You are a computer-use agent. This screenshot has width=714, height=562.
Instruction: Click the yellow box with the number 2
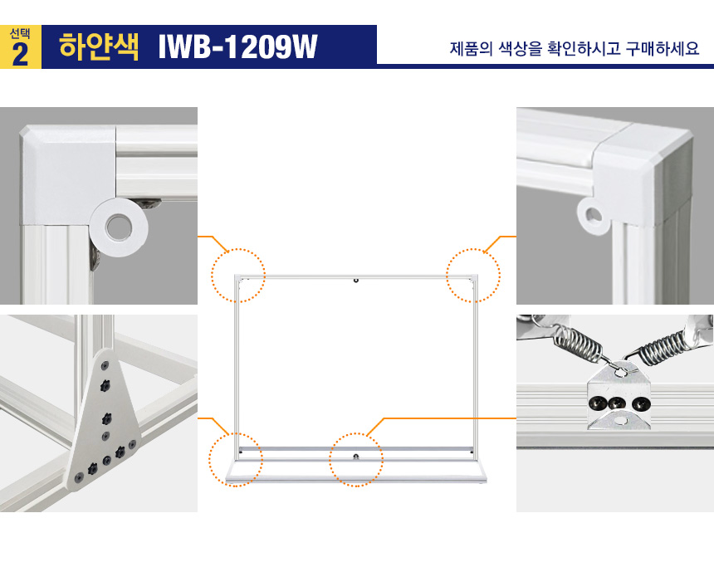point(21,47)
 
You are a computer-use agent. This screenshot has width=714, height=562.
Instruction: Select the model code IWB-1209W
point(238,47)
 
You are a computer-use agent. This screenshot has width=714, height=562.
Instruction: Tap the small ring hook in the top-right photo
point(593,215)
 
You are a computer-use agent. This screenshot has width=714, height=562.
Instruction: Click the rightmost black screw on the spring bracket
point(640,404)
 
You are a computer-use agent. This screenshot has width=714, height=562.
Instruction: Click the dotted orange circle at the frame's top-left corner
point(238,275)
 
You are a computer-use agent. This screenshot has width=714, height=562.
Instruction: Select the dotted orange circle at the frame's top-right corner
point(473,274)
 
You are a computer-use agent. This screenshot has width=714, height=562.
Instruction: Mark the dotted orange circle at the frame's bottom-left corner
point(236,460)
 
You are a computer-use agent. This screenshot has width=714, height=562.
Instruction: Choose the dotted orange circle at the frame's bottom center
point(356,458)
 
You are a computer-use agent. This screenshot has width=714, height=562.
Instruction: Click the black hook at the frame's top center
point(355,280)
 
